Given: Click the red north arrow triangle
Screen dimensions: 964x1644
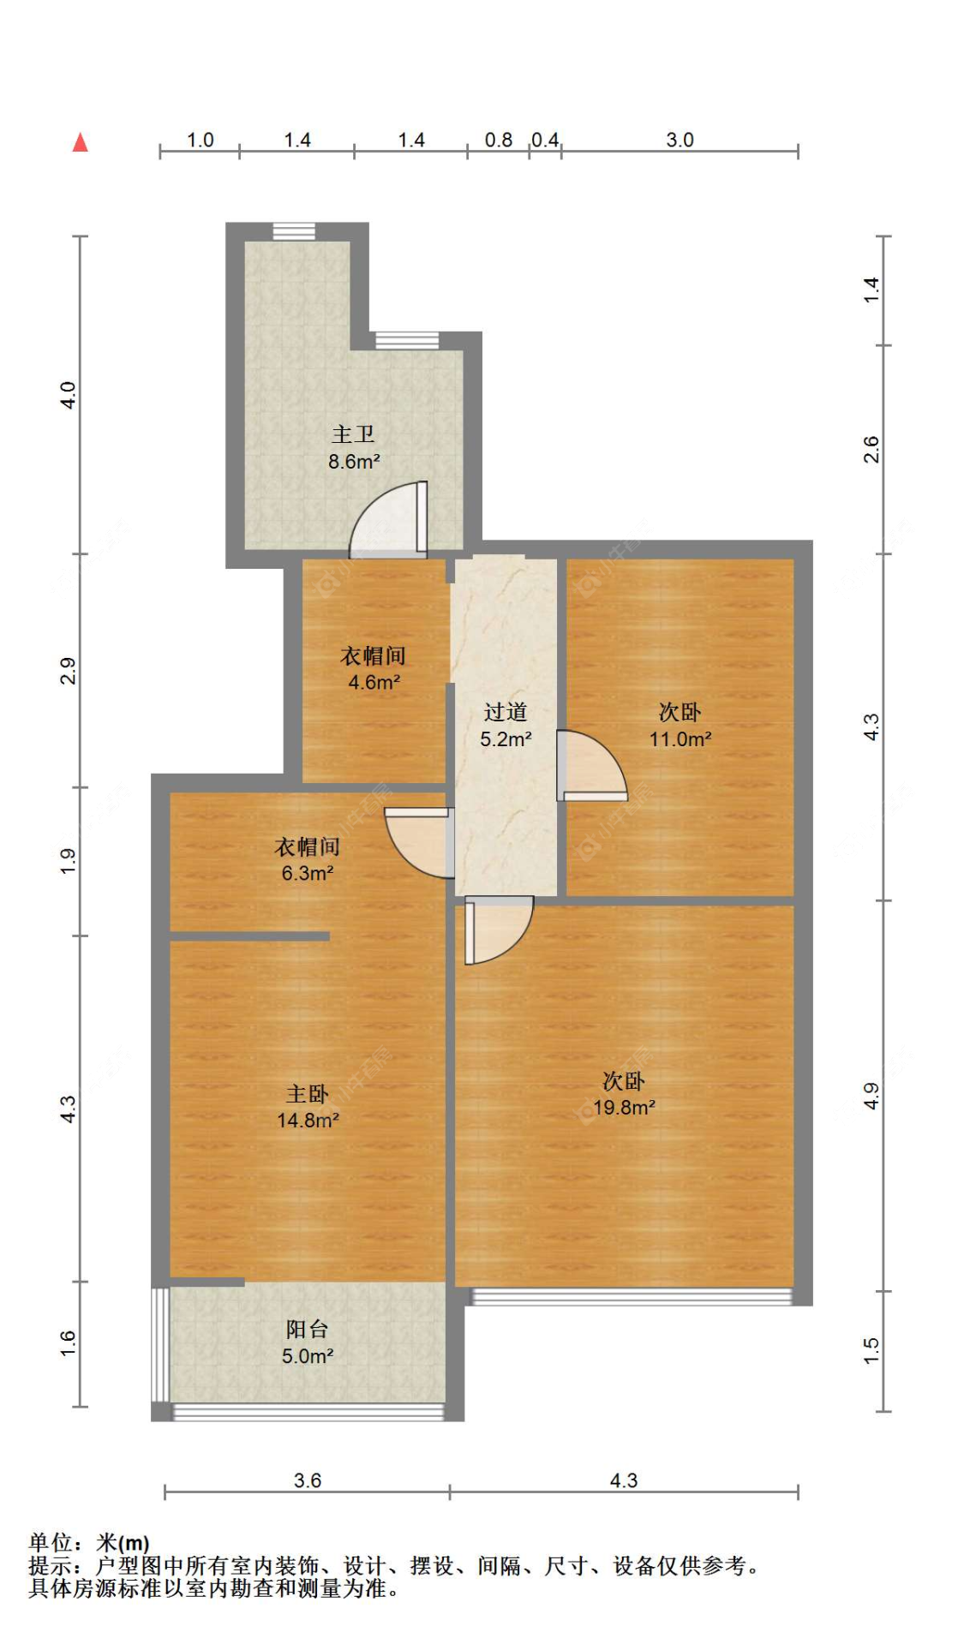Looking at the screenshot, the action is [80, 141].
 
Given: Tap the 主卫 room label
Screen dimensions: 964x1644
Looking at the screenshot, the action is [353, 434].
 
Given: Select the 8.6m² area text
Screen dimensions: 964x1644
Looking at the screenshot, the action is [354, 462].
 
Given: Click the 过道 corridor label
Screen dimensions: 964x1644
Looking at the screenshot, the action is [505, 712].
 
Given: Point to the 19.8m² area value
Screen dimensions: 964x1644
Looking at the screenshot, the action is [624, 1108].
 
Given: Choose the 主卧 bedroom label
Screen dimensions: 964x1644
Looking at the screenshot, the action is [307, 1094].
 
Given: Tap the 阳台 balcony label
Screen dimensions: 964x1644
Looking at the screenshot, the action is [307, 1329].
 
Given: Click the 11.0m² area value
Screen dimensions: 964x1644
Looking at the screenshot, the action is [680, 739].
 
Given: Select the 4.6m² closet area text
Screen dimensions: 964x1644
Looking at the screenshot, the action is [374, 683].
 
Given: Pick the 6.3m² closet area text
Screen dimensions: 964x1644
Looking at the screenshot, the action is [307, 874].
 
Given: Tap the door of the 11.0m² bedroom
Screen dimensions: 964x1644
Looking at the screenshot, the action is [591, 765].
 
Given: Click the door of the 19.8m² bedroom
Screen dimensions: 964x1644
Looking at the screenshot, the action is [499, 930].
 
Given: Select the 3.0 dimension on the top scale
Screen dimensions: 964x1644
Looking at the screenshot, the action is [680, 140].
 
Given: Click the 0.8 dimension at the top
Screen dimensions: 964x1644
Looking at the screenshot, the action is [498, 140].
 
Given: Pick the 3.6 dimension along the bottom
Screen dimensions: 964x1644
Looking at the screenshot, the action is [307, 1480].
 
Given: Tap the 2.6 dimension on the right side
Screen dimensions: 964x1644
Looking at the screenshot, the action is [871, 450].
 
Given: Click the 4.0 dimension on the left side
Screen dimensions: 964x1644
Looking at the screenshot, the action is [68, 395].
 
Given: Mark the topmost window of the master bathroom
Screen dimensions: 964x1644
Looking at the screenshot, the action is [294, 231].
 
